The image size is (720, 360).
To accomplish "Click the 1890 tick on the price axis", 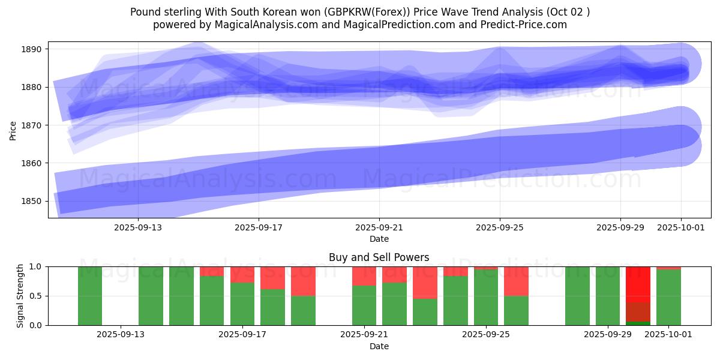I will pyautogui.click(x=34, y=49).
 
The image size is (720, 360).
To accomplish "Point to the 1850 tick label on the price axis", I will pyautogui.click(x=34, y=201).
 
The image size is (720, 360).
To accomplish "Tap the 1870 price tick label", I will pyautogui.click(x=34, y=125).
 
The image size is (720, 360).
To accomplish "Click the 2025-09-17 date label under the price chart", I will pyautogui.click(x=259, y=227).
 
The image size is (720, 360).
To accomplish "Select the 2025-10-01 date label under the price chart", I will pyautogui.click(x=681, y=227).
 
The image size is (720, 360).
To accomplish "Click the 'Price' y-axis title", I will pyautogui.click(x=13, y=130).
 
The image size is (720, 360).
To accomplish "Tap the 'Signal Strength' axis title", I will pyautogui.click(x=20, y=296).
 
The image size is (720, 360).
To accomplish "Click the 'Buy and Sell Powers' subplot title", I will pyautogui.click(x=379, y=257).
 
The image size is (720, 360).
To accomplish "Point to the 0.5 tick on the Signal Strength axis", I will pyautogui.click(x=36, y=296).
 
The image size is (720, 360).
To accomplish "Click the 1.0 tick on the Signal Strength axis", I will pyautogui.click(x=36, y=266).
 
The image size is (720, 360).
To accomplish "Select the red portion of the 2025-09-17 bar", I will pyautogui.click(x=242, y=274).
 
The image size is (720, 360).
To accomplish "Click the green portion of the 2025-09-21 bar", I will pyautogui.click(x=364, y=305).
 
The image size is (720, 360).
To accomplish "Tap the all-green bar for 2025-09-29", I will pyautogui.click(x=608, y=296).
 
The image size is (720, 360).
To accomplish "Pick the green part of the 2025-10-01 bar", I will pyautogui.click(x=668, y=297).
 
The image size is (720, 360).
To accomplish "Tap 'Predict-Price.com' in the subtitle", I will pyautogui.click(x=527, y=25).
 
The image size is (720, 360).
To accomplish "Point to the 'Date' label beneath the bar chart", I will pyautogui.click(x=379, y=346).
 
